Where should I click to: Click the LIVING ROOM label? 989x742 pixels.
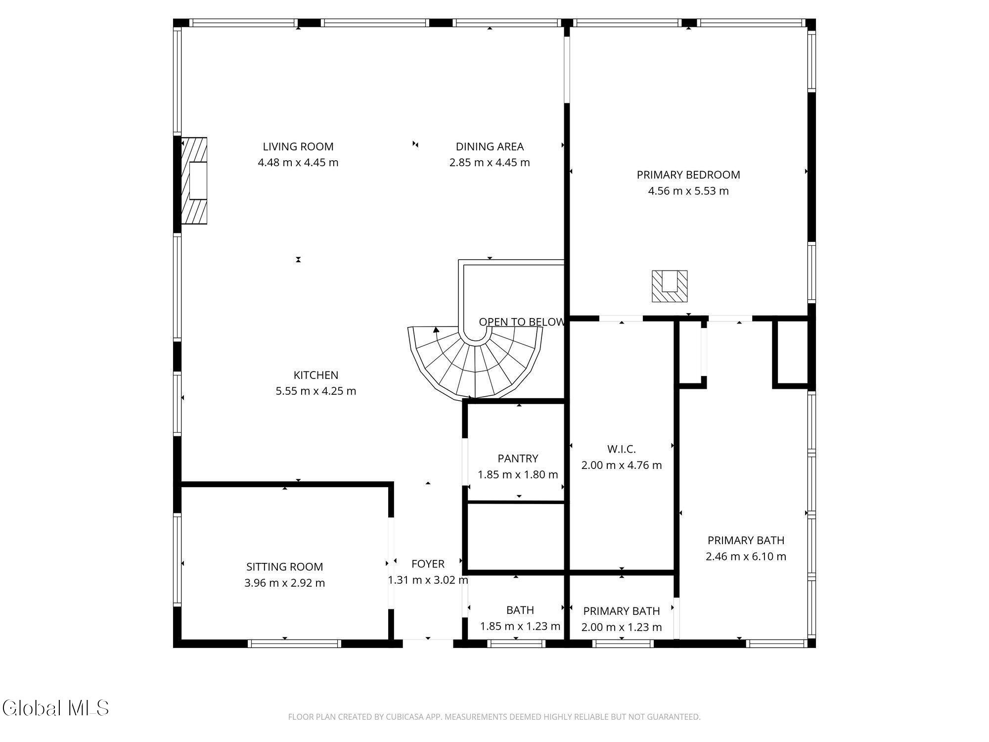pyautogui.click(x=298, y=146)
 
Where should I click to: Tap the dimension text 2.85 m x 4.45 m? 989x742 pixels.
pyautogui.click(x=489, y=163)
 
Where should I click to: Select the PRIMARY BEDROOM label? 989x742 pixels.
pyautogui.click(x=688, y=175)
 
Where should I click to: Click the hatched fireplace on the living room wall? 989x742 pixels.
pyautogui.click(x=194, y=181)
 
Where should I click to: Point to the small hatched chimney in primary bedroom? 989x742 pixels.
pyautogui.click(x=670, y=286)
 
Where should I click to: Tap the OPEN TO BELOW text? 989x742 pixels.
pyautogui.click(x=521, y=322)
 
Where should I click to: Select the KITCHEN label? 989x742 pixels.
pyautogui.click(x=315, y=375)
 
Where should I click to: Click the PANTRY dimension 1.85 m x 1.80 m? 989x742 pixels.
pyautogui.click(x=518, y=475)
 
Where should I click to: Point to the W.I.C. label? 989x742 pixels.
pyautogui.click(x=621, y=449)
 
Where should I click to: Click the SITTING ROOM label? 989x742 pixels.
pyautogui.click(x=284, y=567)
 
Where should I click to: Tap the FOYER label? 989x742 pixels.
pyautogui.click(x=428, y=564)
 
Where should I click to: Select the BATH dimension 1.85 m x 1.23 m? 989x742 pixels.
pyautogui.click(x=520, y=626)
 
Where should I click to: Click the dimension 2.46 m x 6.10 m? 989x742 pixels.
pyautogui.click(x=746, y=556)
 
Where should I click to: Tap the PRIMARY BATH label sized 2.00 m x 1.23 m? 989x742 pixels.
pyautogui.click(x=621, y=611)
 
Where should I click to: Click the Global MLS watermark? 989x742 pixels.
pyautogui.click(x=55, y=708)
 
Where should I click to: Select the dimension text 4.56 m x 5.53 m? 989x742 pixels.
pyautogui.click(x=688, y=191)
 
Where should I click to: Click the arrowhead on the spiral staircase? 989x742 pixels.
pyautogui.click(x=436, y=329)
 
